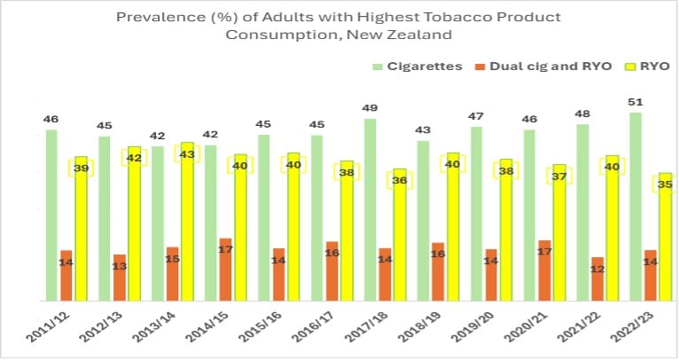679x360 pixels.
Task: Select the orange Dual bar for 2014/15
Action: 226,270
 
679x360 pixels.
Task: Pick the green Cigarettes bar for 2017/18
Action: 370,209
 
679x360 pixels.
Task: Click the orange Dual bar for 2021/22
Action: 598,279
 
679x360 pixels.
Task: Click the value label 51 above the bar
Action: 636,102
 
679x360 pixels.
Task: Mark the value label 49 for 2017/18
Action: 370,108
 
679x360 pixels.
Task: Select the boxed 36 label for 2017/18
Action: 400,179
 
